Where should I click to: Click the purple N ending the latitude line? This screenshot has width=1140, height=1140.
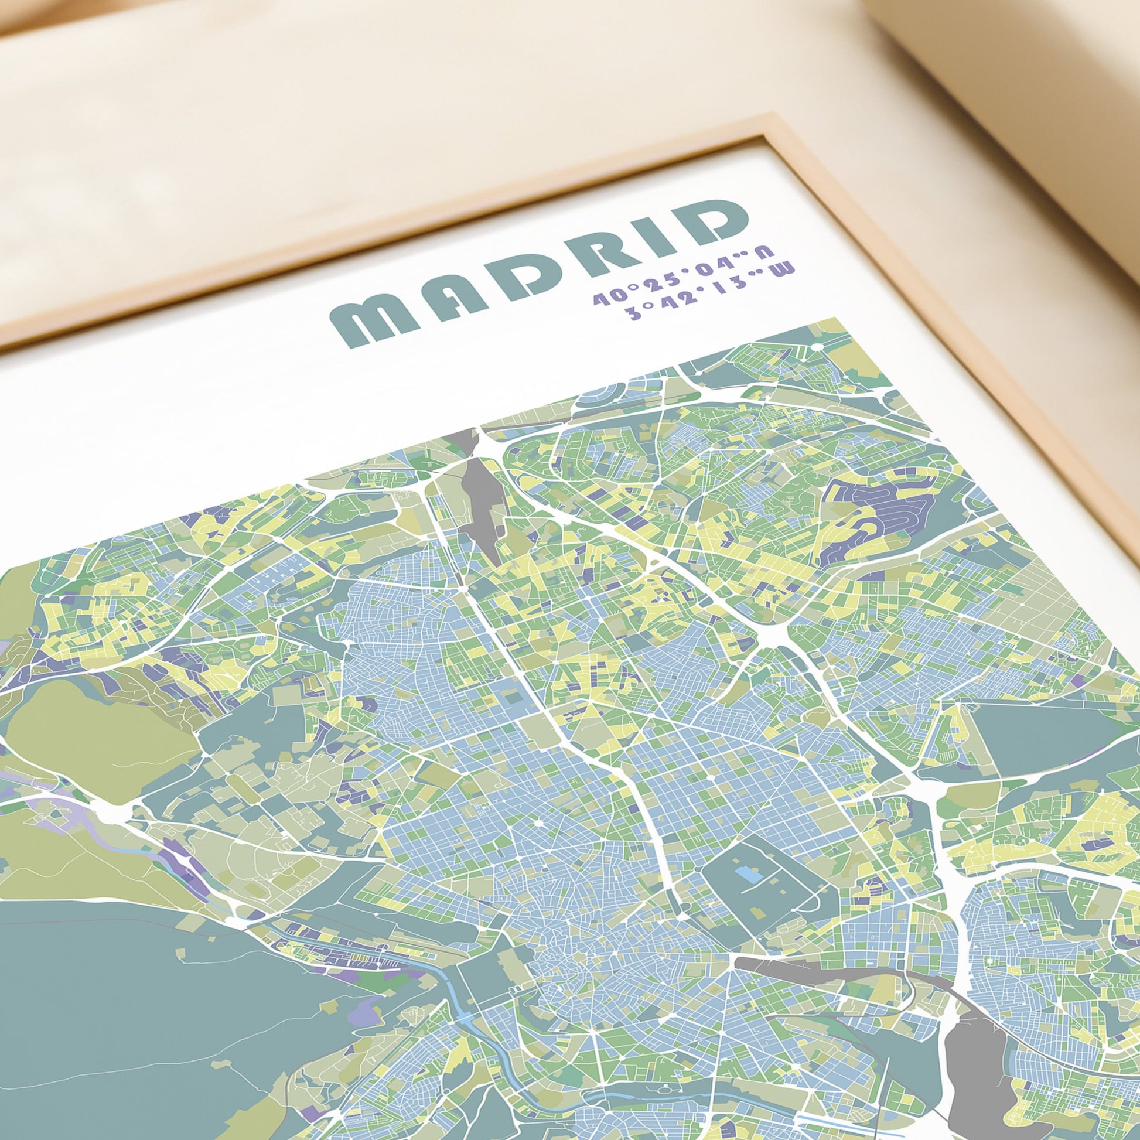point(764,250)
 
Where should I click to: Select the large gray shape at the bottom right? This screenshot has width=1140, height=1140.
point(979,1056)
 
